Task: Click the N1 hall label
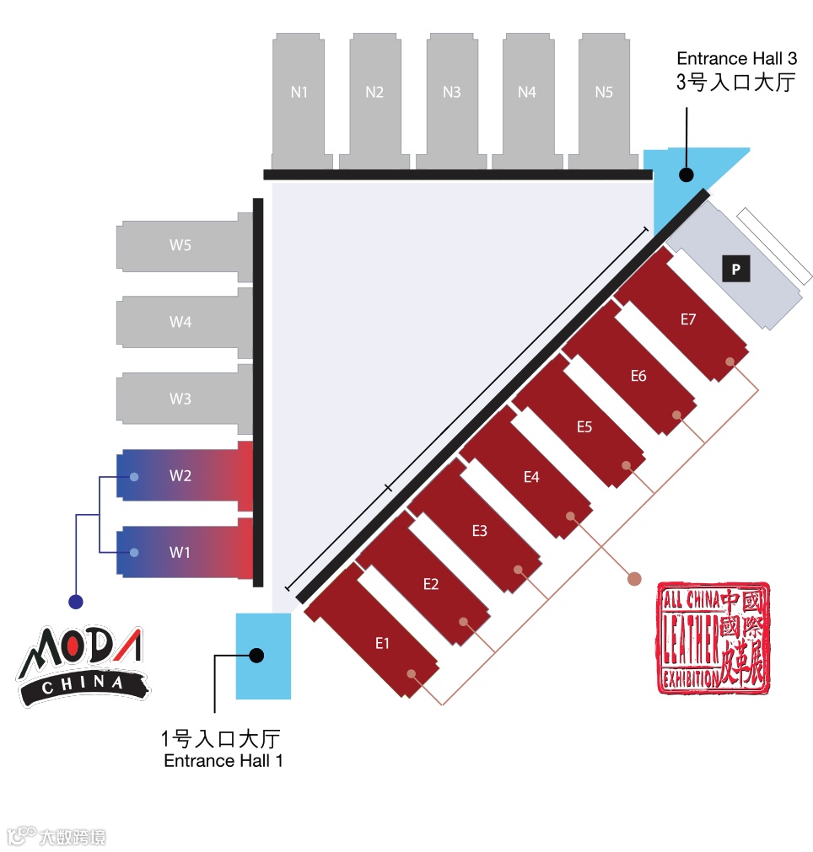[299, 93]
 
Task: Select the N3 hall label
[451, 93]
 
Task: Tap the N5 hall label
[604, 93]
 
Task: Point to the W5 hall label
[180, 246]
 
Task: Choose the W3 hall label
[180, 399]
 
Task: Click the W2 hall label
[180, 475]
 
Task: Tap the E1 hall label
[382, 643]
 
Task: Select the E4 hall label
[531, 478]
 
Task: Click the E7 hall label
[688, 319]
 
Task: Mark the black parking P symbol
[736, 270]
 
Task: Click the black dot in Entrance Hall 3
[686, 174]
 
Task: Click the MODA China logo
[82, 662]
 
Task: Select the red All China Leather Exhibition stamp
[713, 637]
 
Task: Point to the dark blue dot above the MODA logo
[76, 602]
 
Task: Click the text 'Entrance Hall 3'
[736, 59]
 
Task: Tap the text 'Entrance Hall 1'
[223, 761]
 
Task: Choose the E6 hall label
[638, 376]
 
